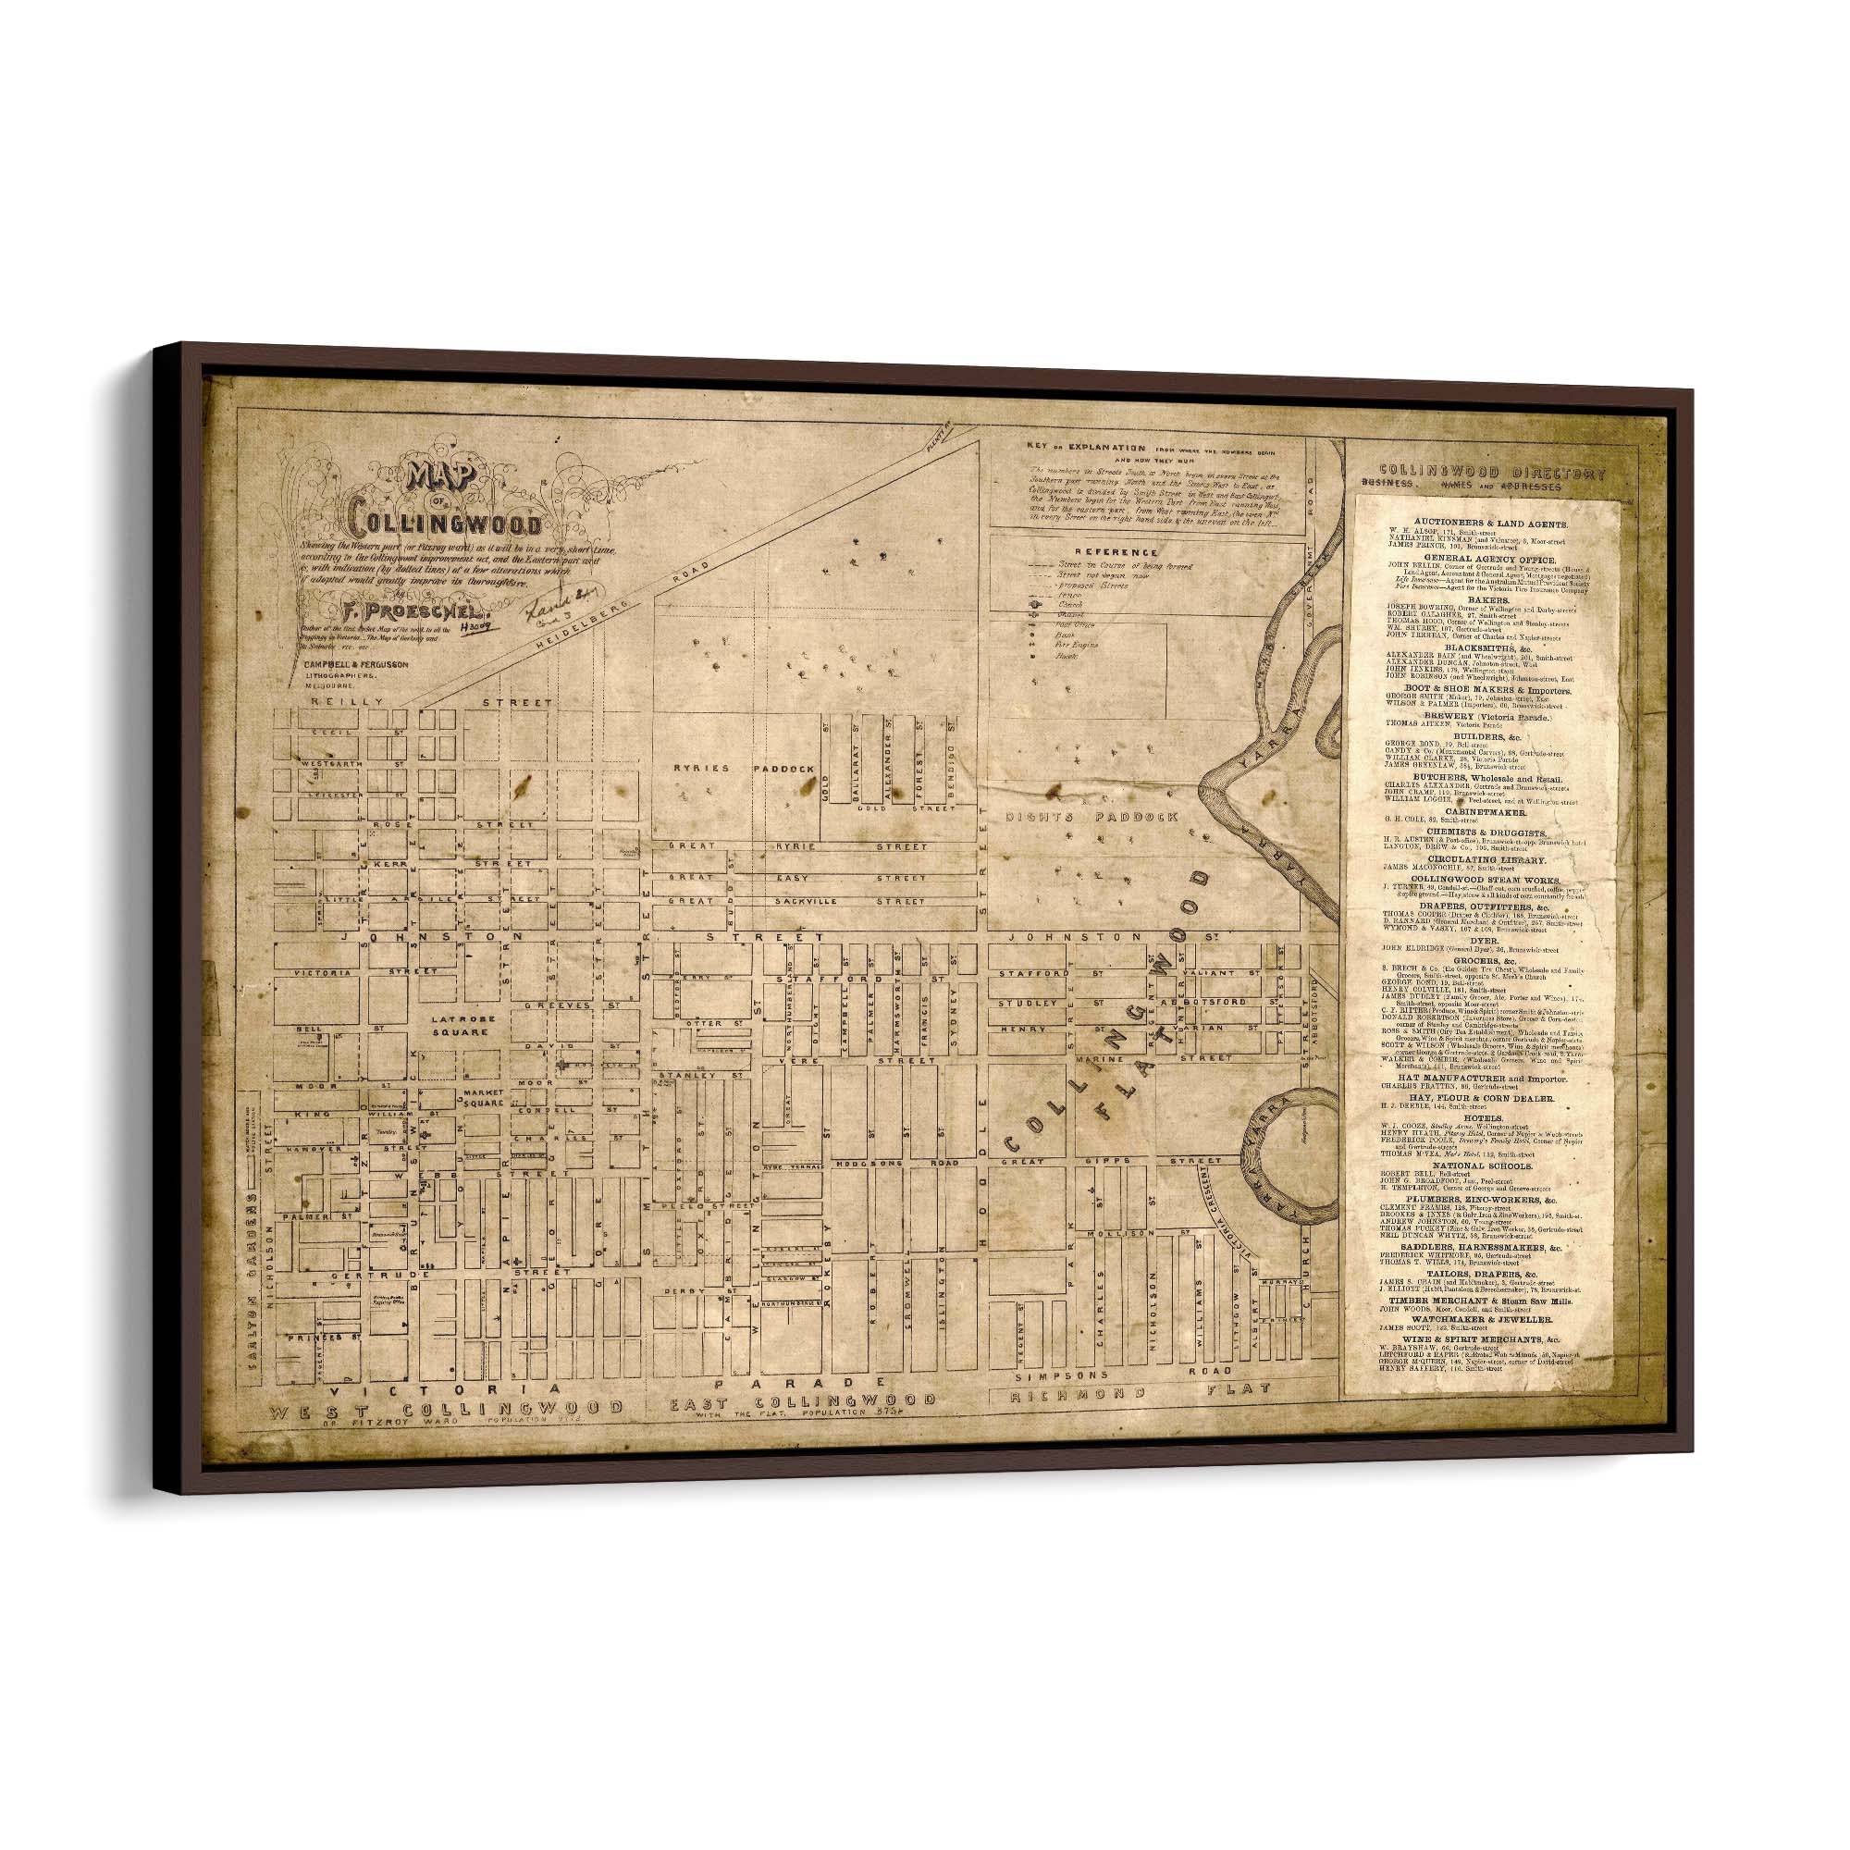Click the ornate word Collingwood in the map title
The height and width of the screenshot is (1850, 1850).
tap(445, 525)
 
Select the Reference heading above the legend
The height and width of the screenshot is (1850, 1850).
tap(1117, 552)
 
